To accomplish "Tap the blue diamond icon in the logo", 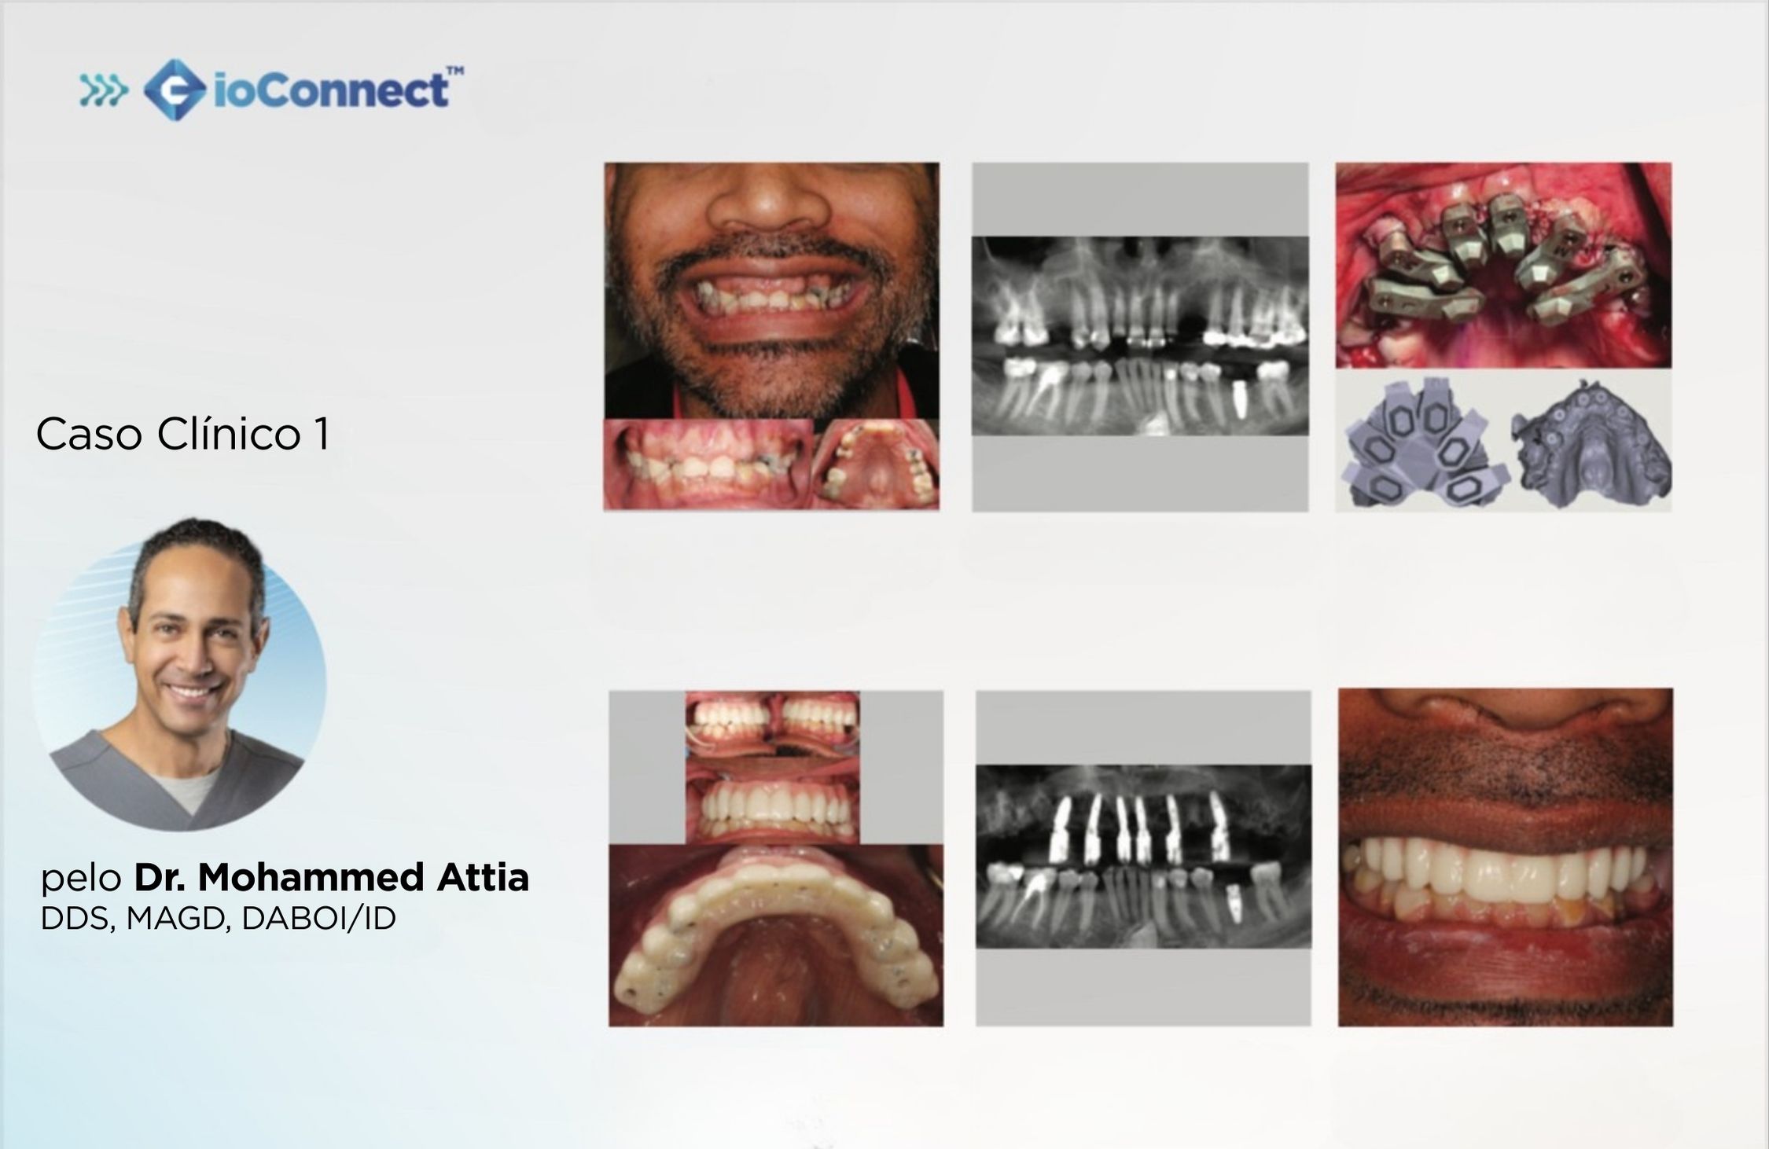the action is coord(175,90).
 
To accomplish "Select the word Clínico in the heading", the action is coord(229,434).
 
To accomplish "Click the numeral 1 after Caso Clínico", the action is coord(321,435).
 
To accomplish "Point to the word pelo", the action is coord(81,879).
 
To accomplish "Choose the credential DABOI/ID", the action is coord(318,919).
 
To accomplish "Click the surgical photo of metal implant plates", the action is coord(1503,265).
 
